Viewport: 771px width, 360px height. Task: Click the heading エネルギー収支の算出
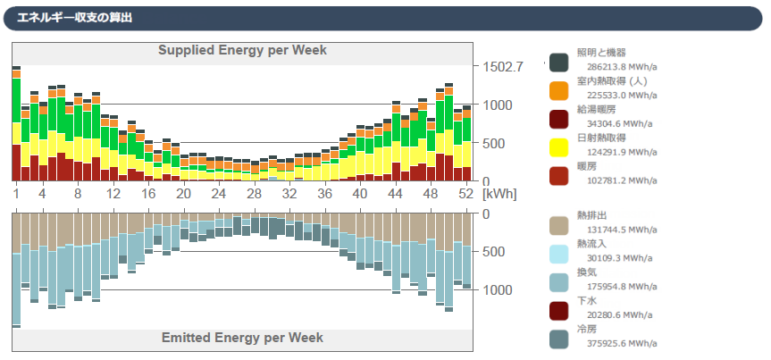click(74, 17)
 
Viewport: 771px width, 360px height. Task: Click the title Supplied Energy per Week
click(242, 50)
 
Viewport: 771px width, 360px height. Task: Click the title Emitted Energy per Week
click(242, 338)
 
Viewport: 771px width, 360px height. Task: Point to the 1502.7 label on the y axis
click(503, 67)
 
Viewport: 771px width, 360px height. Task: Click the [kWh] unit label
click(499, 194)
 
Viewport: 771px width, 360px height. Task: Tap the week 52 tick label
click(465, 194)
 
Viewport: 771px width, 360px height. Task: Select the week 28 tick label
click(254, 194)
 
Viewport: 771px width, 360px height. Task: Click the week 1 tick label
click(16, 194)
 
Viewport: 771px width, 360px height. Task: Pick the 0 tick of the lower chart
click(486, 214)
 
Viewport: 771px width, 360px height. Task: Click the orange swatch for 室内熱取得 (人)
click(558, 90)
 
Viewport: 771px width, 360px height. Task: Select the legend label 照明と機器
click(601, 53)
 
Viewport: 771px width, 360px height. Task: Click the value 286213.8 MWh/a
click(622, 66)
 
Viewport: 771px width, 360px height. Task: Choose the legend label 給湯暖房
click(595, 109)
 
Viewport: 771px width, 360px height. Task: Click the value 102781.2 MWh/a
click(622, 180)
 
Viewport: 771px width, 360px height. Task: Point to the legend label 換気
click(587, 272)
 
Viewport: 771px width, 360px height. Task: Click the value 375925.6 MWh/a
click(622, 343)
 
